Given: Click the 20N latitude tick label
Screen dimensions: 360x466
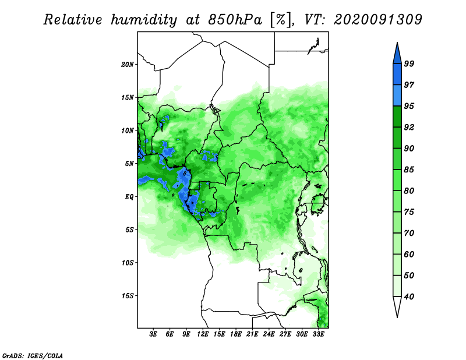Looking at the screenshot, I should point(128,64).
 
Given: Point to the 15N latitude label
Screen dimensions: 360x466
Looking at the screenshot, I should point(128,97).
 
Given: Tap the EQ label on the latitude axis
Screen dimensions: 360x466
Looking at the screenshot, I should point(129,197).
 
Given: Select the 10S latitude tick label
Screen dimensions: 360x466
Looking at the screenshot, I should point(128,263).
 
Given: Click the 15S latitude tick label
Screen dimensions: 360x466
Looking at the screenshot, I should point(128,296).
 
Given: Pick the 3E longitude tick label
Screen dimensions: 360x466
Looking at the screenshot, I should point(154,335).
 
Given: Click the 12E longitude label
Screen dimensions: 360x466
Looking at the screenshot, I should point(203,335).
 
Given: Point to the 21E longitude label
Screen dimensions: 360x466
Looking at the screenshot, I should point(252,335).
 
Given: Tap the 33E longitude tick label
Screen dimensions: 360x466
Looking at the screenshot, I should point(318,335).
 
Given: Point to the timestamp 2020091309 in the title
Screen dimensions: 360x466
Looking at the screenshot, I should point(378,20).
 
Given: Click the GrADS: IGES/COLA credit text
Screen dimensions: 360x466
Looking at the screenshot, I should point(32,355).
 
